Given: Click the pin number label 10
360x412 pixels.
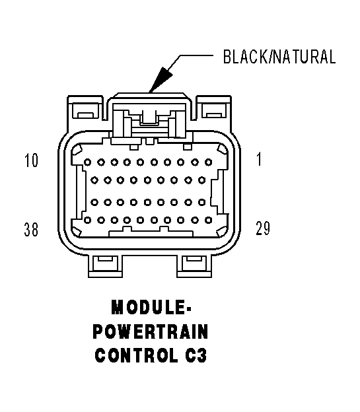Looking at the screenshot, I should (x=31, y=161).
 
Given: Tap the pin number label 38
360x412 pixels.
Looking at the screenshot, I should (x=31, y=229).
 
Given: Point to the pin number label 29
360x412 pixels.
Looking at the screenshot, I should (x=262, y=229).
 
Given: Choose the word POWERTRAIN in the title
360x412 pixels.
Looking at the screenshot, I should (x=151, y=331).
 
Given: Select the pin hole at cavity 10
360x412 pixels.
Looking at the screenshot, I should (x=88, y=161).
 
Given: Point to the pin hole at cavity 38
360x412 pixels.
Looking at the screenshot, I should (x=88, y=220).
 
